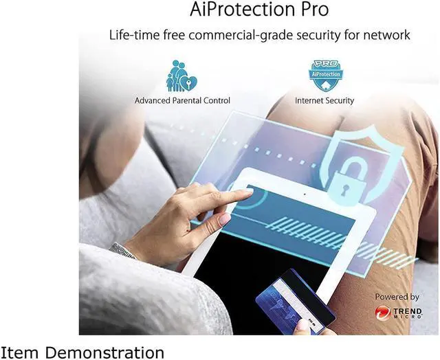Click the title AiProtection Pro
(x=258, y=10)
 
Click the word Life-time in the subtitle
(x=133, y=35)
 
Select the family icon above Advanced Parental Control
(x=181, y=76)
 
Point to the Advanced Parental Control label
(x=182, y=100)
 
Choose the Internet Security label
(x=324, y=100)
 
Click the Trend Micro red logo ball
(x=382, y=313)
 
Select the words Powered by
(x=397, y=297)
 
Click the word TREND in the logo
(x=407, y=310)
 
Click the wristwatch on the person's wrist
(x=124, y=250)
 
